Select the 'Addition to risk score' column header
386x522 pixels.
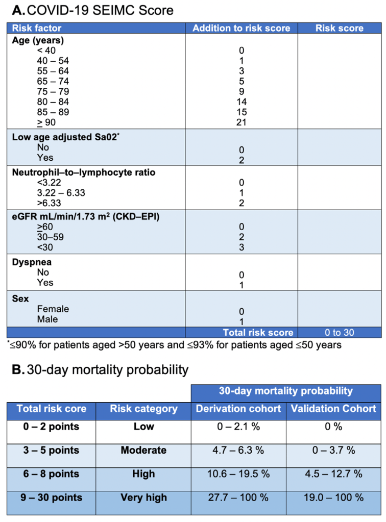pos(241,28)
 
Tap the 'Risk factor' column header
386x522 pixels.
pos(36,28)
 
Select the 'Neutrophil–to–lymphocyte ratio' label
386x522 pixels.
pos(84,172)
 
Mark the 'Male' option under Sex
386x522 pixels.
pos(47,319)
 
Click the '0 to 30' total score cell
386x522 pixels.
pos(339,332)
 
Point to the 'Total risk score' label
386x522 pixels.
pos(258,332)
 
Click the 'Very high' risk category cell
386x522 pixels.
pos(143,497)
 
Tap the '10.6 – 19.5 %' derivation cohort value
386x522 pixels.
pos(238,474)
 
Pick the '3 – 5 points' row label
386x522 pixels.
pos(49,450)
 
